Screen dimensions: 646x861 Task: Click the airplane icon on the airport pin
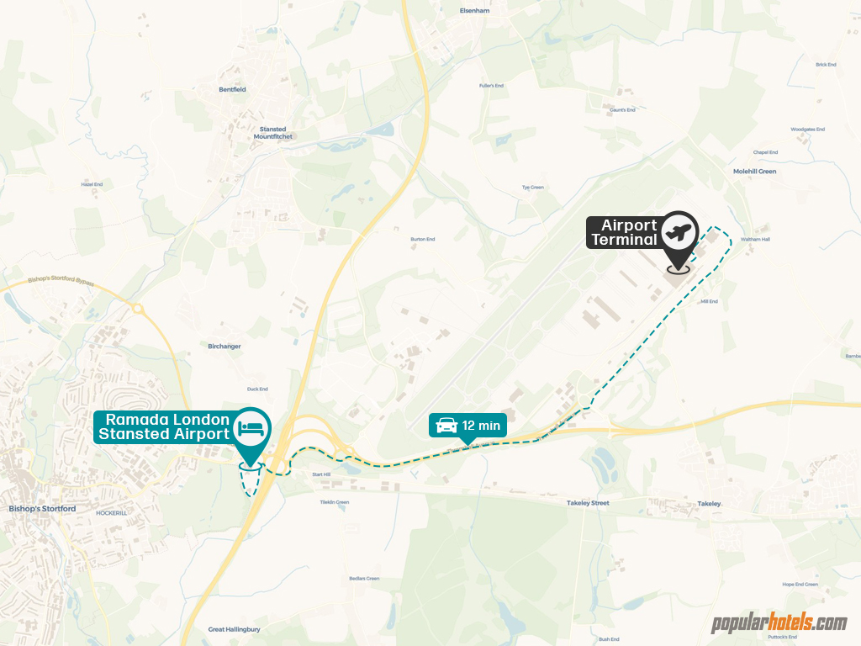point(679,230)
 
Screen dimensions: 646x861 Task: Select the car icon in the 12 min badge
point(445,426)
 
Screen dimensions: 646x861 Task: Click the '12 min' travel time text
point(482,426)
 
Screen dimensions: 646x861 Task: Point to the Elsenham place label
point(474,11)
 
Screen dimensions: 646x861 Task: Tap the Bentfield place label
point(231,89)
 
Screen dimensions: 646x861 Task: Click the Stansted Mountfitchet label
point(272,133)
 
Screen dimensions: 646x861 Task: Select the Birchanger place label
point(224,346)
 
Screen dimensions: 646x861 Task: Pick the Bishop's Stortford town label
point(42,509)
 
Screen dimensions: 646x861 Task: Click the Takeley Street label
point(587,503)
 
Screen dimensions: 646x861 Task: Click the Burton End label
point(422,240)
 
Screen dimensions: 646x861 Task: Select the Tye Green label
point(533,188)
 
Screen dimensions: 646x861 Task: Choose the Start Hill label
point(322,475)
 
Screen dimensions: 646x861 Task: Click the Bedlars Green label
point(364,579)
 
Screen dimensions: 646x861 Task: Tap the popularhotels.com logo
point(779,623)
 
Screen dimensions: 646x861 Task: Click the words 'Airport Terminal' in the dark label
point(624,232)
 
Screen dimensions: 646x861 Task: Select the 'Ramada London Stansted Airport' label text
point(164,426)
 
